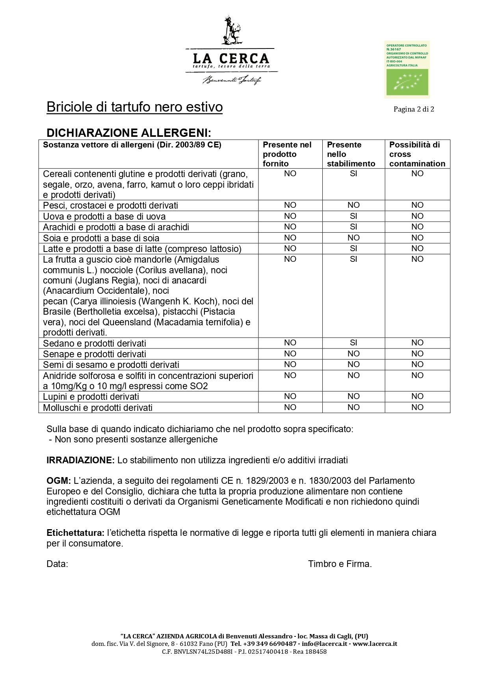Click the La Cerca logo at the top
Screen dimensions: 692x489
[231, 51]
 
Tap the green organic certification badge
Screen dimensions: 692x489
[407, 69]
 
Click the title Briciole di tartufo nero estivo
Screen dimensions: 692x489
[134, 107]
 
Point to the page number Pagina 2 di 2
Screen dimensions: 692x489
[413, 109]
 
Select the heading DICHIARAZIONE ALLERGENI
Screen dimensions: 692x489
[128, 132]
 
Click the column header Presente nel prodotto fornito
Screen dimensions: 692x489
[287, 154]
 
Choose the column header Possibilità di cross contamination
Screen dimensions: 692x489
[417, 154]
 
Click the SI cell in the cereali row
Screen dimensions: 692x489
[353, 174]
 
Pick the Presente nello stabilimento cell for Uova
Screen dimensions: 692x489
[353, 216]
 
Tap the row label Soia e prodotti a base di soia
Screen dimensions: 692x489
[101, 238]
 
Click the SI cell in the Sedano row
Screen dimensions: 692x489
[353, 343]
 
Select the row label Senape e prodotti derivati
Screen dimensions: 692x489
[95, 354]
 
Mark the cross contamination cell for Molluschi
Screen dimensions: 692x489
[417, 407]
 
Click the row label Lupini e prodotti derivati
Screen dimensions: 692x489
[91, 397]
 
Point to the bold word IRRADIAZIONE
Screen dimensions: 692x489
[80, 460]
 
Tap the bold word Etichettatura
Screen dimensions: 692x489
[75, 533]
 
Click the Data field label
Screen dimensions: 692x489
[57, 564]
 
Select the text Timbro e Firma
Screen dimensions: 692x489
[340, 564]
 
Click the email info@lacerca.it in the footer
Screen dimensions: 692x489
[324, 644]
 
